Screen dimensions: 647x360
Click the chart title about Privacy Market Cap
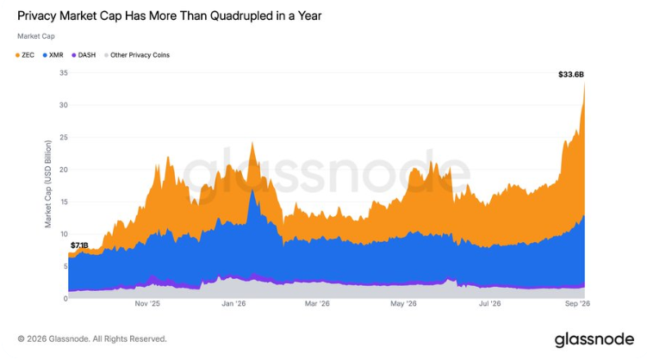coord(169,16)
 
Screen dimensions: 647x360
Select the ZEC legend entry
coord(25,55)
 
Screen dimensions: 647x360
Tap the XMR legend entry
coord(53,55)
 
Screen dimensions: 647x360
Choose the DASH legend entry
coord(84,55)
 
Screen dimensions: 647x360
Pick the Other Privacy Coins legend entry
coord(137,55)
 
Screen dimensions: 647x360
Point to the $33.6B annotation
coord(571,75)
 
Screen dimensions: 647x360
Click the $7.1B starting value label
coord(79,245)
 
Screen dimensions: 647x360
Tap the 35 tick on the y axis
coord(64,73)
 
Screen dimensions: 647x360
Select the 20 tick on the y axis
coord(64,170)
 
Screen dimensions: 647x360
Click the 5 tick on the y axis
coord(65,267)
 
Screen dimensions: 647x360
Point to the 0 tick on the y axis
coord(65,299)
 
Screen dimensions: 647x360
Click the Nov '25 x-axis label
coord(147,304)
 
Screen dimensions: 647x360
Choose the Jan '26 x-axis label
coord(233,304)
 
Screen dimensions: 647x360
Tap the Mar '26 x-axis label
coord(317,304)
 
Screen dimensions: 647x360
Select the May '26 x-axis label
coord(403,304)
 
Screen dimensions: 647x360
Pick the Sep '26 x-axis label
coord(577,304)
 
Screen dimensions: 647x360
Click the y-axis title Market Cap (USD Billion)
coord(48,184)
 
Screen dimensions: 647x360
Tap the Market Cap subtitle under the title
coord(36,36)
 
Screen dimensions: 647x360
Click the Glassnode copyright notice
coord(92,339)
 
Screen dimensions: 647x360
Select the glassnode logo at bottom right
coord(594,339)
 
